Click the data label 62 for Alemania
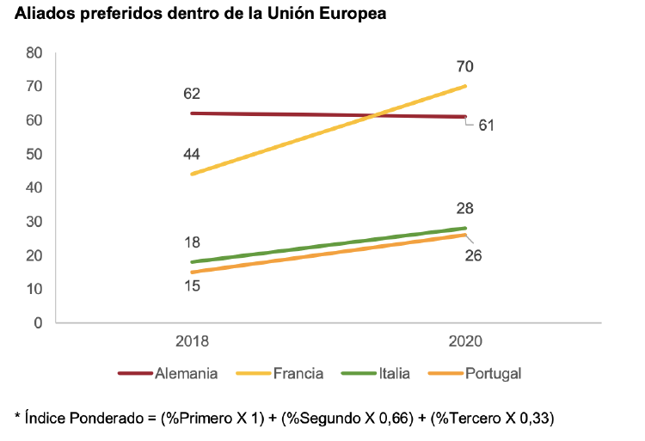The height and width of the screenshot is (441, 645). tap(192, 93)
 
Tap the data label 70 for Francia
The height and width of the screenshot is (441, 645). tap(465, 66)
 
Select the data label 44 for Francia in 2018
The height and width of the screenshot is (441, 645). tap(192, 154)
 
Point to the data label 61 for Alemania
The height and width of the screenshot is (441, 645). tap(486, 126)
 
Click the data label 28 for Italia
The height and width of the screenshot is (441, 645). tap(465, 208)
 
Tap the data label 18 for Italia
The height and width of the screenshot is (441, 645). tap(192, 242)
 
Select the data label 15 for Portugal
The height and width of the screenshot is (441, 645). tap(192, 285)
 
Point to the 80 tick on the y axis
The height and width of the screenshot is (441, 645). tap(34, 52)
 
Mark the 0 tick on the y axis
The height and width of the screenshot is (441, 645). tap(39, 323)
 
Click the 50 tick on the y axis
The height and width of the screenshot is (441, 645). tap(34, 154)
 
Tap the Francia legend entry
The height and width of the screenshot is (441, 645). tap(298, 373)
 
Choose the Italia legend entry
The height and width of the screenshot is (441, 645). tap(394, 373)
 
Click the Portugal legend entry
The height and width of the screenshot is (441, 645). tap(493, 373)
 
